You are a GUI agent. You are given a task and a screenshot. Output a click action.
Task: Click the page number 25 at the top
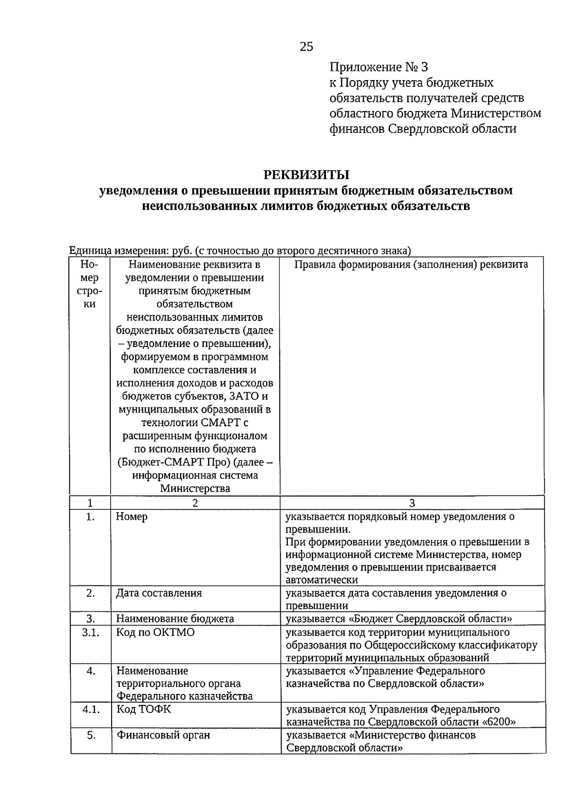click(x=306, y=47)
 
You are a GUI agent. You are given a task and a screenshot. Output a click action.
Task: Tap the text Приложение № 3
click(x=379, y=67)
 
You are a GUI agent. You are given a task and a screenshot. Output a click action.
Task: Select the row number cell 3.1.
click(x=90, y=633)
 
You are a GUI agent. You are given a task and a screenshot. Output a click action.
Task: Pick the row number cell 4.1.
click(x=90, y=709)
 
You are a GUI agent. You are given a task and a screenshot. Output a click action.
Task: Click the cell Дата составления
click(x=159, y=593)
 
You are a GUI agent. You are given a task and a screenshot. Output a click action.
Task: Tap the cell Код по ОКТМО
click(x=155, y=633)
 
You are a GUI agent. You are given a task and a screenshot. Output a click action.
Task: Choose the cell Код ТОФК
click(x=144, y=709)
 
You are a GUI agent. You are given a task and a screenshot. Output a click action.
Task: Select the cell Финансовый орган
click(x=163, y=735)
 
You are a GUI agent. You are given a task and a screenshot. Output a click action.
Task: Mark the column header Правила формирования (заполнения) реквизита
click(x=411, y=264)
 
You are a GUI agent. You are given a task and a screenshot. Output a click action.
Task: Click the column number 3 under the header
click(x=412, y=503)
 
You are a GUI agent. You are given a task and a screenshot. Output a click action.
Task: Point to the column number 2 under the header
click(x=195, y=503)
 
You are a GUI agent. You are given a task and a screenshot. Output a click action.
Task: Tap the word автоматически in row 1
click(x=322, y=580)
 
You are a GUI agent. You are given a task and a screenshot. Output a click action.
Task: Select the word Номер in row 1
click(x=132, y=516)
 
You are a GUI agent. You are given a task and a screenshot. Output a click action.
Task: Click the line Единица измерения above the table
click(x=239, y=250)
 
